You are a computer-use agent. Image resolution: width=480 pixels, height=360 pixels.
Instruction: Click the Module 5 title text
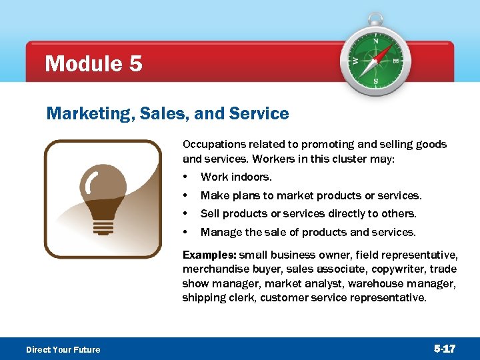pos(93,64)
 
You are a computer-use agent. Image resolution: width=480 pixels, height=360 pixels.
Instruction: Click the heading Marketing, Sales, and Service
pos(167,114)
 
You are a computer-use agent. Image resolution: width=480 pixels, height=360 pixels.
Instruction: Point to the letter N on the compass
pos(375,41)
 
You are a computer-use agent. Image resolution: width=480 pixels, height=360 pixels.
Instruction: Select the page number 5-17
pos(445,349)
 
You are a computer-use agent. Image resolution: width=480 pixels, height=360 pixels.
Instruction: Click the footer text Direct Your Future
pos(63,349)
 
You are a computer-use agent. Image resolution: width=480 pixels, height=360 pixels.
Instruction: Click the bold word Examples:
pos(209,255)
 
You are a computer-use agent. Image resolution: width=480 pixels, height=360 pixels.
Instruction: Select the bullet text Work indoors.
pos(236,177)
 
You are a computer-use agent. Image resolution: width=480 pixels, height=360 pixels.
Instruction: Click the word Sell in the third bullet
pos(210,214)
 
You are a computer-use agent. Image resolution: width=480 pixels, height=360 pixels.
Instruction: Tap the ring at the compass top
pos(376,19)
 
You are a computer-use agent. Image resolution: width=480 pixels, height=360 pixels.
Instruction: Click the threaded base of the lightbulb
pos(103,226)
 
